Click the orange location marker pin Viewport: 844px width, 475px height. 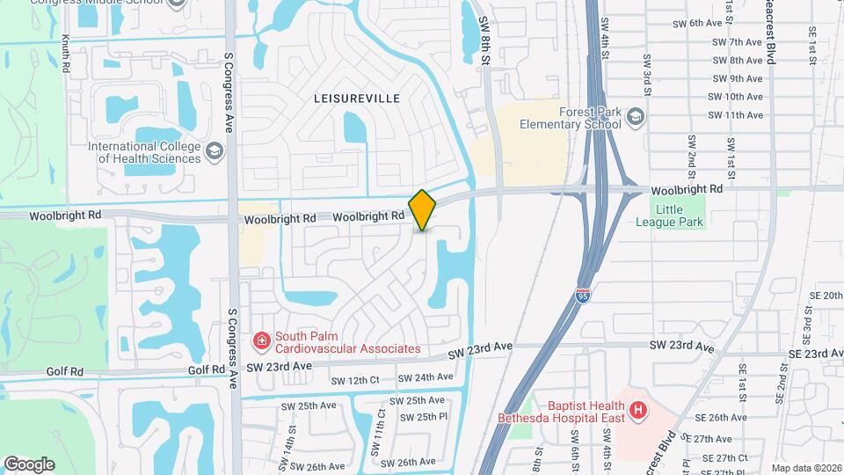pos(422,209)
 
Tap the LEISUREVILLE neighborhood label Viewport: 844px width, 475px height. pos(356,99)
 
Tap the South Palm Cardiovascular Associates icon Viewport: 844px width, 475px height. pos(261,340)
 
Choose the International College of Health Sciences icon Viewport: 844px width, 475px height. pos(214,152)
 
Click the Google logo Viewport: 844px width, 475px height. pos(29,464)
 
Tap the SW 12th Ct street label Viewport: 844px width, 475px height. pos(354,381)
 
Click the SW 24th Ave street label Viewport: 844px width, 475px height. pos(425,377)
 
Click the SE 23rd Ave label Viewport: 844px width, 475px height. pos(815,353)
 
